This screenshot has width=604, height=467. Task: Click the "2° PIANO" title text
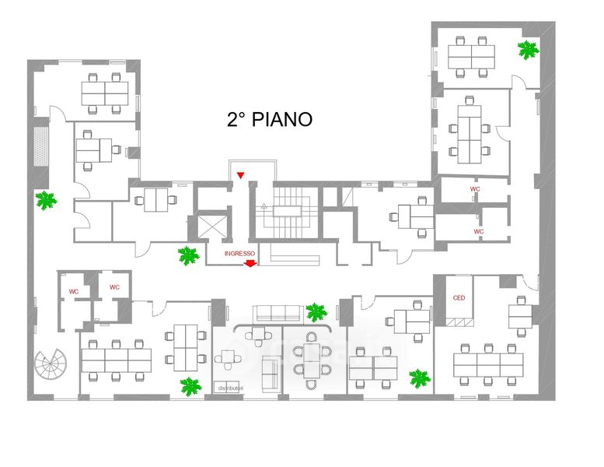pos(270,119)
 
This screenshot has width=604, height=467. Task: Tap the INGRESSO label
pos(239,253)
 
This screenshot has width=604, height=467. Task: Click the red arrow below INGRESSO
pos(250,265)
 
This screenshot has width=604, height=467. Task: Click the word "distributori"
pos(231,388)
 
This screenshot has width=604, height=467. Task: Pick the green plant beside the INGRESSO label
pos(188,255)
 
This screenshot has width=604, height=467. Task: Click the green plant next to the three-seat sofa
pos(316,313)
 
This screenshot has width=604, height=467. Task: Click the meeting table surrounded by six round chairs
pos(312,360)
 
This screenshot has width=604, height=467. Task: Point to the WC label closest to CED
pos(479,231)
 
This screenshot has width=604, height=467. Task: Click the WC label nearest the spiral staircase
pos(74,292)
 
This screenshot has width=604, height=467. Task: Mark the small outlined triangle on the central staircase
pos(264,207)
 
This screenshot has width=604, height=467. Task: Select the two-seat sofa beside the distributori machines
pos(272,372)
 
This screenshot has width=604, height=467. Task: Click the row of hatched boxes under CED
pos(459,322)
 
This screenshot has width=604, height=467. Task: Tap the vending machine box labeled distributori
pos(230,388)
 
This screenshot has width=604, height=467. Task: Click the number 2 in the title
pos(232,119)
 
